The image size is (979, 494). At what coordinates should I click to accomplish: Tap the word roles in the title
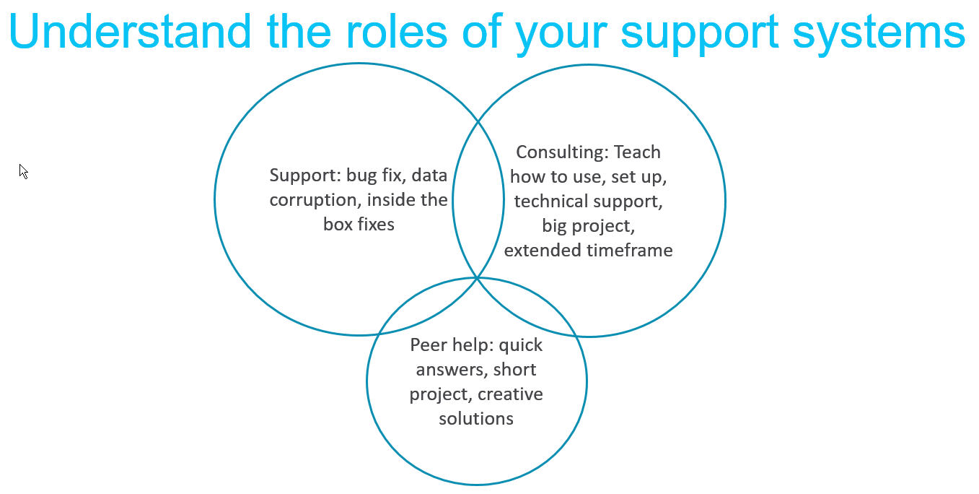pos(396,32)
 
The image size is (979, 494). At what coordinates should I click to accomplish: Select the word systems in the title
pos(879,35)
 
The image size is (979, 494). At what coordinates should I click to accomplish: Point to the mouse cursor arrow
pos(24,171)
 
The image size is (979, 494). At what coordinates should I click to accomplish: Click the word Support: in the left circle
pos(305,176)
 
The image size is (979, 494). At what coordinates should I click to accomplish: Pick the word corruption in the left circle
pos(315,200)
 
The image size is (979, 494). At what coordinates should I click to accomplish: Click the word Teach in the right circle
pos(637,152)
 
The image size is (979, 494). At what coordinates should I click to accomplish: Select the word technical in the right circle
pos(550,201)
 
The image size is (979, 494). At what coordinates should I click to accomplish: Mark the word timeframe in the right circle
pos(629,251)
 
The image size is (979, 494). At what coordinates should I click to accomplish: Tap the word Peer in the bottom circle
pos(429,344)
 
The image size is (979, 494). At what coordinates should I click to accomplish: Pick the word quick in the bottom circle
pos(521,346)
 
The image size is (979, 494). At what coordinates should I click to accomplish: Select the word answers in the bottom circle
pos(452,370)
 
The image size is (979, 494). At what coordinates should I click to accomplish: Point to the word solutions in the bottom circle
pos(476,419)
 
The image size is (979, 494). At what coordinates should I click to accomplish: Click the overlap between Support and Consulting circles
pos(478,199)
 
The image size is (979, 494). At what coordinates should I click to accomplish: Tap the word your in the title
pos(561,35)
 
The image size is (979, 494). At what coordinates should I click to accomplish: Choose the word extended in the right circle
pos(543,251)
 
